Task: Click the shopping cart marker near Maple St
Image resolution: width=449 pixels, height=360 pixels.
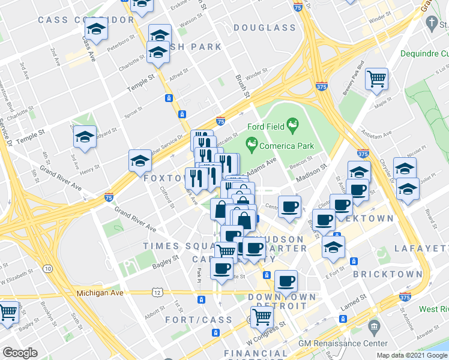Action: point(376,78)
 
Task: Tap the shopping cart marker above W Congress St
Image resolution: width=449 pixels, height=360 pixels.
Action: point(262,316)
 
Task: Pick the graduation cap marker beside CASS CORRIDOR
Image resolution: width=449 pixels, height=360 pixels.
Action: point(95,29)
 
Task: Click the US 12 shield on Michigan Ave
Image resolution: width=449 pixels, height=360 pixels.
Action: point(157,292)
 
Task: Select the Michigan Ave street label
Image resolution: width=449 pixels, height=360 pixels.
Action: point(100,293)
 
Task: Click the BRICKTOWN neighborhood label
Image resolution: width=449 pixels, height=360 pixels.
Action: point(388,274)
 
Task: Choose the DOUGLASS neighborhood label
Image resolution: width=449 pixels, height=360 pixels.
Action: point(265,28)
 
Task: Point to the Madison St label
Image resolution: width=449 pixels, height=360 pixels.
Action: point(311,175)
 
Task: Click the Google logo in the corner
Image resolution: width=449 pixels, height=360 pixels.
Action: point(20,353)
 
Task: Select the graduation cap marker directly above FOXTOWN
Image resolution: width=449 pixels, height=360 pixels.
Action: point(140,161)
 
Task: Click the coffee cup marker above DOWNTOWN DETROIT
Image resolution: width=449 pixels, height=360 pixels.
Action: point(286,281)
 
